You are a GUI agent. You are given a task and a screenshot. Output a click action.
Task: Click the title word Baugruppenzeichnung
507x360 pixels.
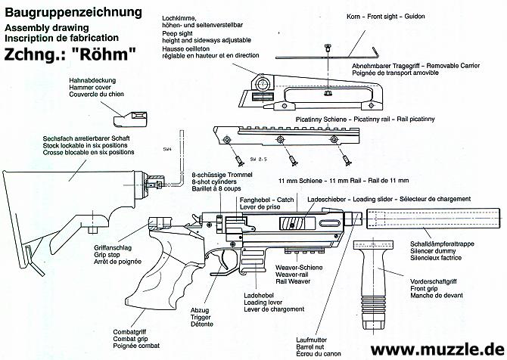(x=73, y=12)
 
